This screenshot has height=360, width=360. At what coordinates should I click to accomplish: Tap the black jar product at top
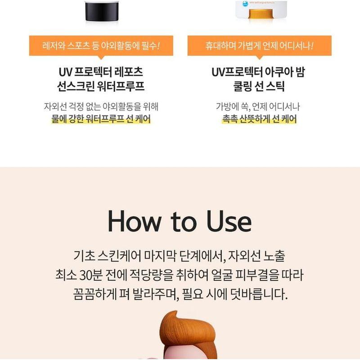click(x=101, y=11)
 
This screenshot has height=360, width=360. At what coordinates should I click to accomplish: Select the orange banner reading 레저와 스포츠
click(x=101, y=46)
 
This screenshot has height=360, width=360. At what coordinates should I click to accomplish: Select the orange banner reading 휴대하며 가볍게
click(x=260, y=46)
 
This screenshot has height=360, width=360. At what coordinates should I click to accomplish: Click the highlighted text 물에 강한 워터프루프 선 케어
click(x=101, y=119)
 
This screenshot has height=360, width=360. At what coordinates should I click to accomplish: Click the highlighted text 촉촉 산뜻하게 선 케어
click(x=259, y=119)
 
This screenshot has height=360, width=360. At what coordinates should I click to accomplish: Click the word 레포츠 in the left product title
click(x=127, y=72)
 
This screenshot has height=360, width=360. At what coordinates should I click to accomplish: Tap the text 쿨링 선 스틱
click(x=259, y=86)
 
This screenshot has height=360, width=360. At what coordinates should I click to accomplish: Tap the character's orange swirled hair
click(x=189, y=331)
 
